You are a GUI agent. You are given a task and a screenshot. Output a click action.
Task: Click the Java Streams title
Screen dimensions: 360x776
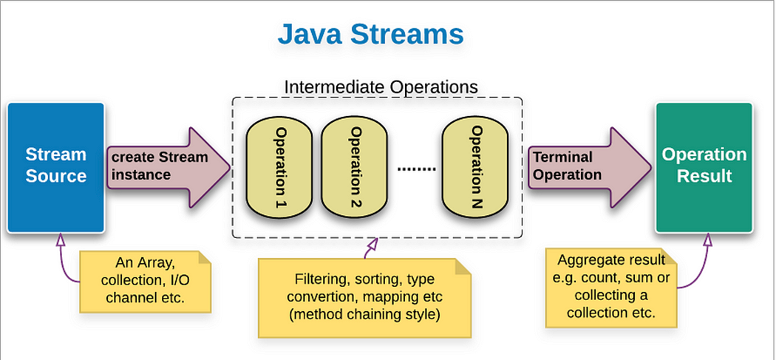click(370, 34)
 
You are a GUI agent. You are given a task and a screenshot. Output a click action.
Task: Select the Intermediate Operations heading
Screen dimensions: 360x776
click(381, 86)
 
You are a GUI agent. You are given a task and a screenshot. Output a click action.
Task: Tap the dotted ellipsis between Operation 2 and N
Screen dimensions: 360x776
click(416, 169)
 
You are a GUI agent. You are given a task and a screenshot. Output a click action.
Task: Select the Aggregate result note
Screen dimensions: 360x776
click(610, 287)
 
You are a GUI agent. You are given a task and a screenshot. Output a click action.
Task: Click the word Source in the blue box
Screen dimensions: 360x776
click(56, 177)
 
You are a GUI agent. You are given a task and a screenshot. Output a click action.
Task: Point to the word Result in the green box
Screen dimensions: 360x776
click(704, 177)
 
